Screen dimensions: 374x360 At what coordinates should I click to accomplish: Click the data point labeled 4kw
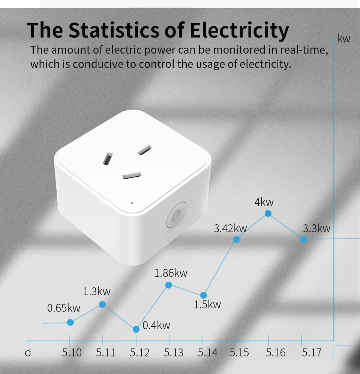(268, 213)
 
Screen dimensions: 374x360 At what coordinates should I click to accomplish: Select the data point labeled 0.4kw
(136, 329)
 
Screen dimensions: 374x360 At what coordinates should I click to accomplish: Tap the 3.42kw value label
(230, 228)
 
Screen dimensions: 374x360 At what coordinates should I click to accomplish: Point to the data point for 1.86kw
(169, 285)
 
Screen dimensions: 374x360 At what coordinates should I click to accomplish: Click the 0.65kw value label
(64, 308)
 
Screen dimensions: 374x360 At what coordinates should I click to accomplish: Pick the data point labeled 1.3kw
(102, 304)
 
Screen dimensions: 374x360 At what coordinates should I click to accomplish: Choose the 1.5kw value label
(207, 305)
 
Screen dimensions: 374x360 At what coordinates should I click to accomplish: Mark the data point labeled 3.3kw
(303, 239)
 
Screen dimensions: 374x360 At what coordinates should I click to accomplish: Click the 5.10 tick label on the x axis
(72, 353)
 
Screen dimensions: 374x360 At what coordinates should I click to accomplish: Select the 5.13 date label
(174, 353)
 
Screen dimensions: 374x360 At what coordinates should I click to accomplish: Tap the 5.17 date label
(312, 353)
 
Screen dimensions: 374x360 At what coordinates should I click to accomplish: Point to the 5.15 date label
(239, 353)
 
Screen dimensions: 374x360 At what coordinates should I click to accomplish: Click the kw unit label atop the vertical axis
(343, 39)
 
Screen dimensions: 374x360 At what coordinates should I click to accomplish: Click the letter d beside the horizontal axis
(28, 353)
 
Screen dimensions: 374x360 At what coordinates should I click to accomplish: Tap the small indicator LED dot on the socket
(132, 203)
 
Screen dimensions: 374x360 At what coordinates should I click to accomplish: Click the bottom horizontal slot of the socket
(132, 176)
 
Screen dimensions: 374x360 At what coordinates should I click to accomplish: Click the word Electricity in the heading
(239, 31)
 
